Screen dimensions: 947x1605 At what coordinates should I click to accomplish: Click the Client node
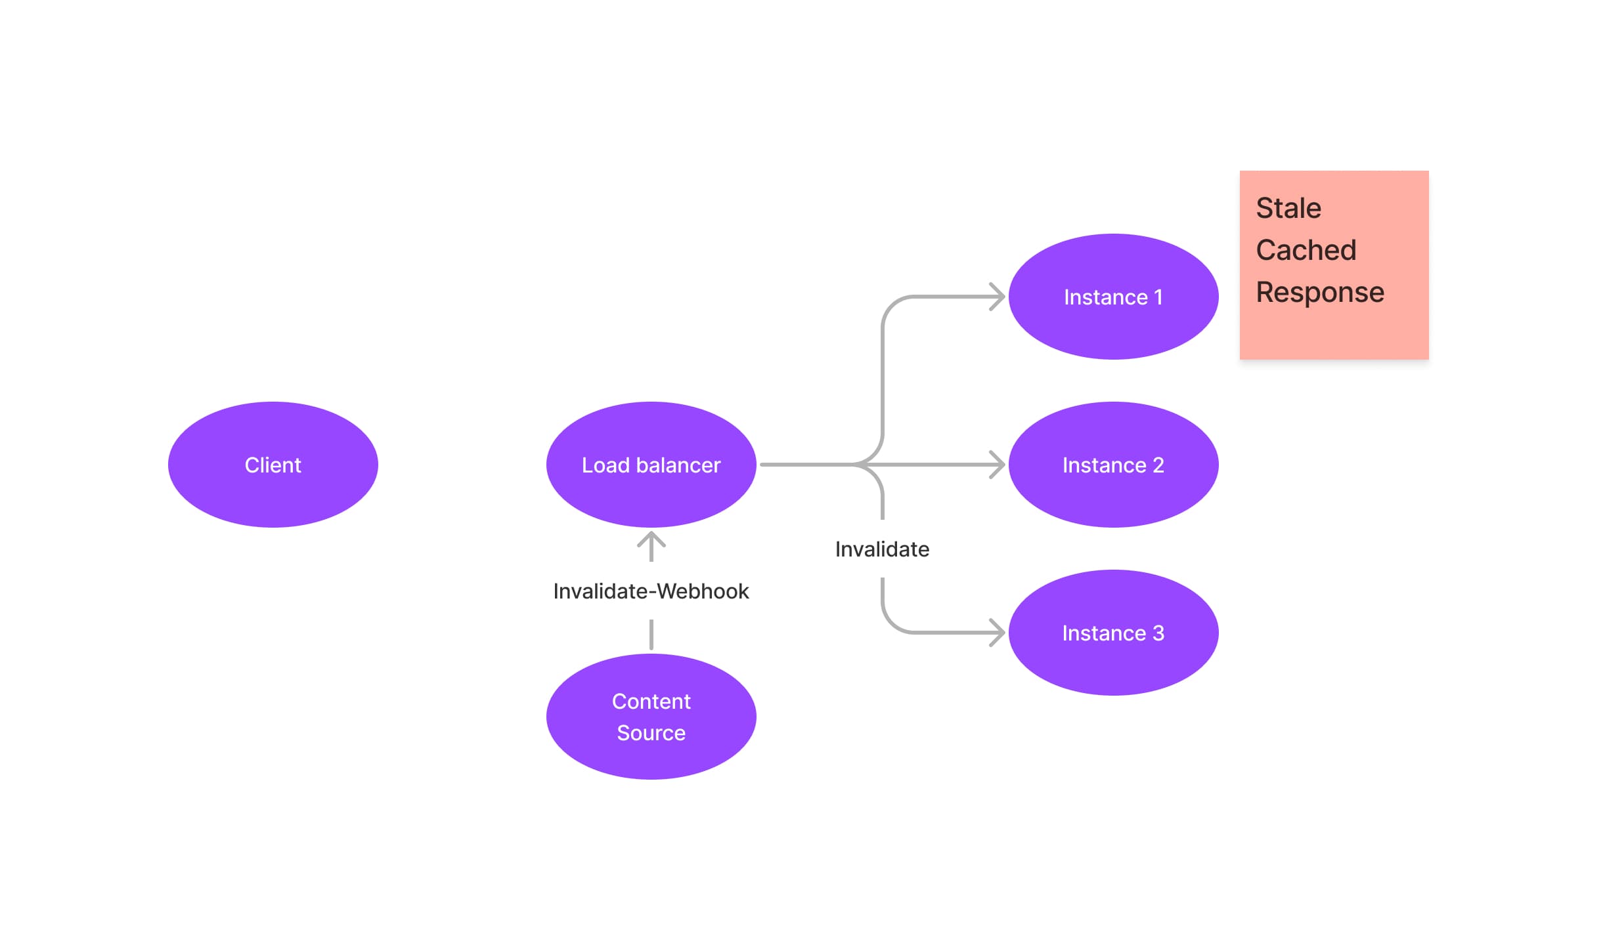(x=273, y=465)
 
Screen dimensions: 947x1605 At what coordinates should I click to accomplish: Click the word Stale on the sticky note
(x=1288, y=208)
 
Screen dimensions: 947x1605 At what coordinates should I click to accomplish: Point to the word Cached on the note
(x=1306, y=250)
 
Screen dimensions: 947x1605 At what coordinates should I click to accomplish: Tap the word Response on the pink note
(x=1319, y=292)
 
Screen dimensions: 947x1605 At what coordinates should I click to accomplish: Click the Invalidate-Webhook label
(x=651, y=591)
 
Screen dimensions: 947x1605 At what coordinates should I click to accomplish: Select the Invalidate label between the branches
(x=882, y=549)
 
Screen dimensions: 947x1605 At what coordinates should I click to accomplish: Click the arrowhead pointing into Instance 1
(x=999, y=297)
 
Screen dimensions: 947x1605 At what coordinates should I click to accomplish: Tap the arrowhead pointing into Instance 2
(x=999, y=465)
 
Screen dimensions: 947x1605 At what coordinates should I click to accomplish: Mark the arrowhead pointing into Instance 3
(x=999, y=633)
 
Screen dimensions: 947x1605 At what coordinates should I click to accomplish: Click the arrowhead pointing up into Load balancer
(x=651, y=539)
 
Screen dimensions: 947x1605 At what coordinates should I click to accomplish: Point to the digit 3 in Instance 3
(x=1158, y=633)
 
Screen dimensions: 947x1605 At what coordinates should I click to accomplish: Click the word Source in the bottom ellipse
(x=651, y=733)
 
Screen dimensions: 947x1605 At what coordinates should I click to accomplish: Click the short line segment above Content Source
(x=651, y=635)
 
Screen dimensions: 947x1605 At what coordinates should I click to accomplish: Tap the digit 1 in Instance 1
(x=1158, y=297)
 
